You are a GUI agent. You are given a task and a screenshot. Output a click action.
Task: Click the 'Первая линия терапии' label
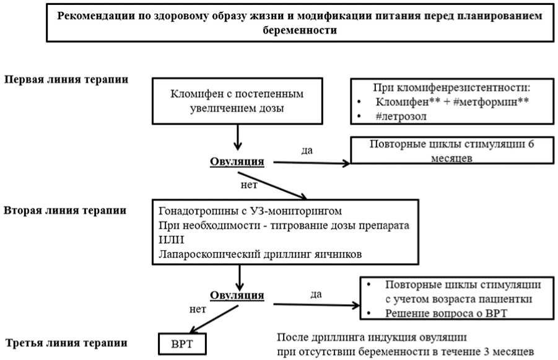tap(67, 80)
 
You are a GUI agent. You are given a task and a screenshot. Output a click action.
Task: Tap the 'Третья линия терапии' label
tap(66, 343)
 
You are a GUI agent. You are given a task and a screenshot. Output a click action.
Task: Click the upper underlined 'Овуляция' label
tap(237, 162)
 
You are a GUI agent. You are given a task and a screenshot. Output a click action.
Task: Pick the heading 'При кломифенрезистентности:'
tap(451, 87)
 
